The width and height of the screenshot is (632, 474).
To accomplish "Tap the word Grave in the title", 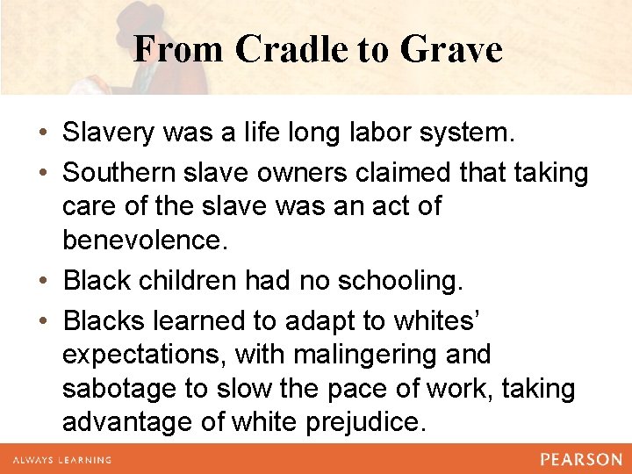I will [x=451, y=49].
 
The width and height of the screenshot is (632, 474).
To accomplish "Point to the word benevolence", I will [x=145, y=240].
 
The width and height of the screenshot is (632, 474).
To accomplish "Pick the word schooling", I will [x=389, y=281].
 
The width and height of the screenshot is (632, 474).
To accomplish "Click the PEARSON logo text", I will [x=580, y=459].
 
